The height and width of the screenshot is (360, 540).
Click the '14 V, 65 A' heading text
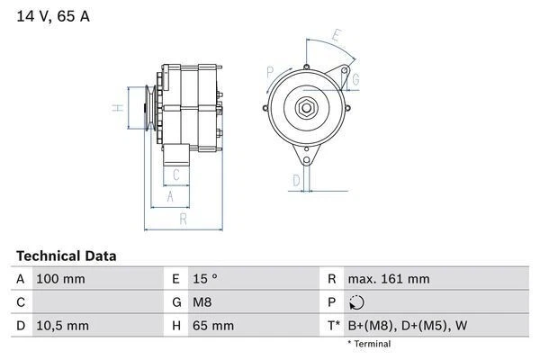click(x=52, y=17)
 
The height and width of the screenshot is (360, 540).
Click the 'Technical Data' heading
click(x=66, y=256)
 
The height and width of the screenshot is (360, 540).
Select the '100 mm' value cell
click(x=62, y=279)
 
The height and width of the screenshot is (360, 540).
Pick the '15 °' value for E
click(x=206, y=279)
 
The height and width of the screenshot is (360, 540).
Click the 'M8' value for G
click(x=204, y=302)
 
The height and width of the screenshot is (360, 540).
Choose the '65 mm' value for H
click(x=212, y=325)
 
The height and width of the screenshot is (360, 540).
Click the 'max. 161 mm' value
click(x=388, y=279)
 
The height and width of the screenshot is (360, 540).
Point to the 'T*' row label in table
click(x=333, y=325)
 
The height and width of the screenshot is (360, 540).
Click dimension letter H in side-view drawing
click(x=117, y=109)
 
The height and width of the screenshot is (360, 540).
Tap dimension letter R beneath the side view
click(x=183, y=219)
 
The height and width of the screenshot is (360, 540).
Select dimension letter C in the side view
click(x=176, y=175)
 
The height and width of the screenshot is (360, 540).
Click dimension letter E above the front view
click(x=335, y=36)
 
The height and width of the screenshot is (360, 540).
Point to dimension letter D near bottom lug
click(x=295, y=181)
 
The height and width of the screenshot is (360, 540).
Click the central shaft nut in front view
click(x=304, y=109)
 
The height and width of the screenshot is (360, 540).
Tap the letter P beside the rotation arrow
click(x=269, y=72)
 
